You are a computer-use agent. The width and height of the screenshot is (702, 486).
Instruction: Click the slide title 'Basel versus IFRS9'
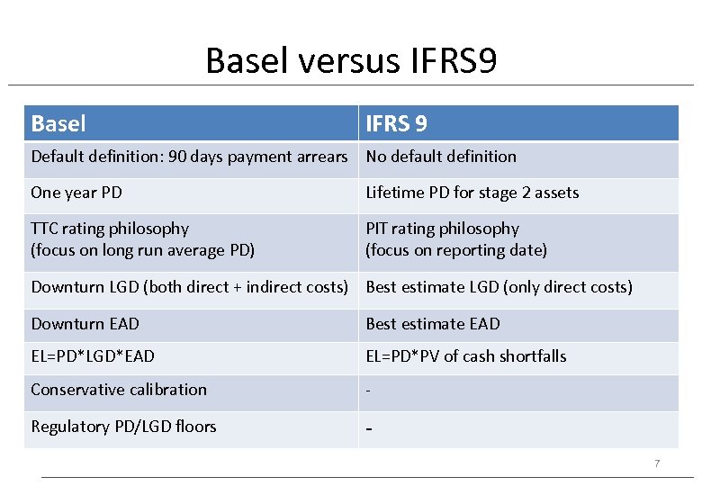click(351, 61)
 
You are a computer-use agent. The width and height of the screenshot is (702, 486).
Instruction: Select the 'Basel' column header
click(58, 123)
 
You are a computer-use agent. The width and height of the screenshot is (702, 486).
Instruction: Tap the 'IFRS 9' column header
click(396, 123)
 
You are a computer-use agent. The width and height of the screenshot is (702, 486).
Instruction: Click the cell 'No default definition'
click(441, 157)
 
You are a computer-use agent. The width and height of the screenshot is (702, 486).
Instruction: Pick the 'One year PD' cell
click(76, 193)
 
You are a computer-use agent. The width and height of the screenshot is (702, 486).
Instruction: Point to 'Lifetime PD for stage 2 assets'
click(472, 193)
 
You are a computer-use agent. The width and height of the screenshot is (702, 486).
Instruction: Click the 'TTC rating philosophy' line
click(110, 229)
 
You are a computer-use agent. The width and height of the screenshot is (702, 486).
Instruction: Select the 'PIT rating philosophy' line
click(442, 229)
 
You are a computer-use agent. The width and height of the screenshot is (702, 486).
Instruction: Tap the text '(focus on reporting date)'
click(455, 250)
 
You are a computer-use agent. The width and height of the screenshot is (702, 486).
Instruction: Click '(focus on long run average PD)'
click(142, 250)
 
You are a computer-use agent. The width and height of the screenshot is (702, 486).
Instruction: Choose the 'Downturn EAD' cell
click(85, 324)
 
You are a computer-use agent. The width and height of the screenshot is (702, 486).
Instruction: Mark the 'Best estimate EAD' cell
click(432, 324)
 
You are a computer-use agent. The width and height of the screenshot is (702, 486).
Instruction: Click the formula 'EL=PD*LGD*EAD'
click(93, 356)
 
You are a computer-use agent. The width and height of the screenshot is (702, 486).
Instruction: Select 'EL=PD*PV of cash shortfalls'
click(465, 356)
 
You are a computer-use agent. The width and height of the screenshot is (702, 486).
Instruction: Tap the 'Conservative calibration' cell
click(119, 390)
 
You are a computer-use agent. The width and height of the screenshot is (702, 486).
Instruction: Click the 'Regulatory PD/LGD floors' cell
click(123, 427)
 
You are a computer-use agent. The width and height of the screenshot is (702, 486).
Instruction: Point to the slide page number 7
click(657, 463)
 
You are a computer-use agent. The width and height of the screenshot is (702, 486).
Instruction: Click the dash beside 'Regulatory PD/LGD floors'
click(369, 429)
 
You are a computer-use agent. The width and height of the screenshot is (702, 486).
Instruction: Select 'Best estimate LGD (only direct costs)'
click(499, 287)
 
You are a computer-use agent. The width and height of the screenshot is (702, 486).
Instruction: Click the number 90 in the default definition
click(177, 157)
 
